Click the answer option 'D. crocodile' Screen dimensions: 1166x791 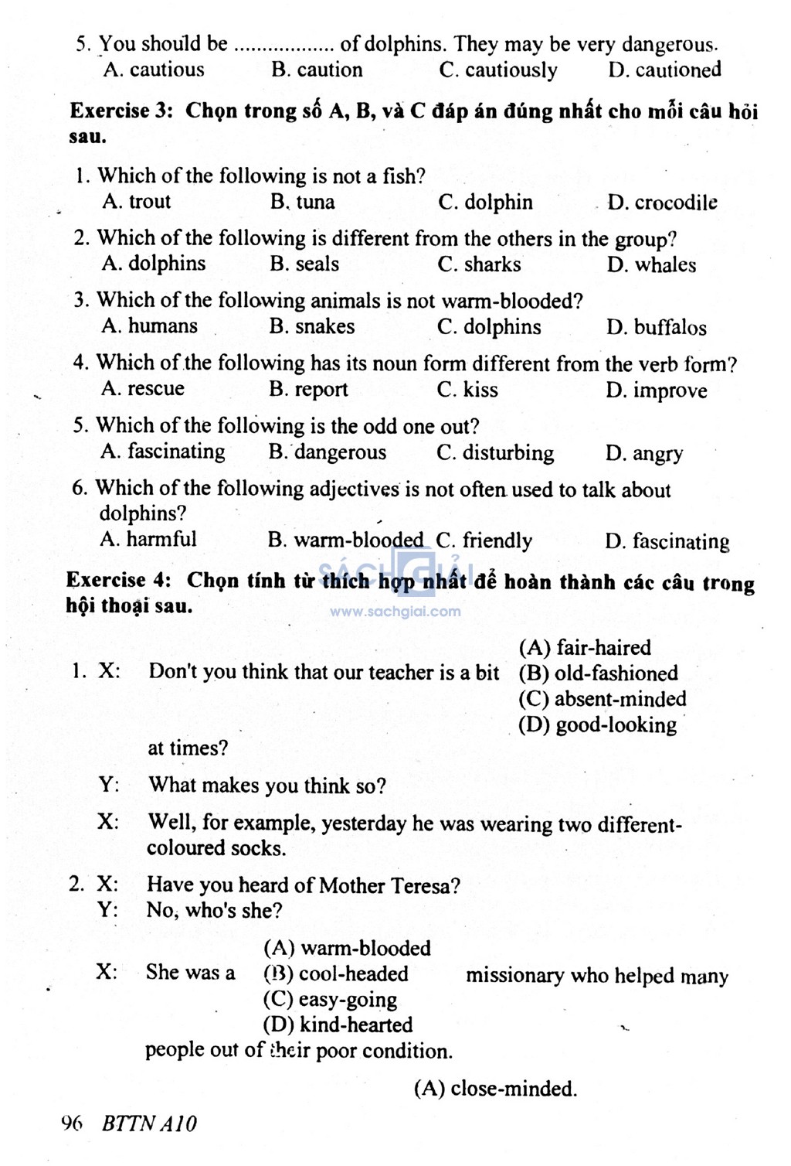click(662, 203)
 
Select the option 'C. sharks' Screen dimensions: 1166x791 click(479, 264)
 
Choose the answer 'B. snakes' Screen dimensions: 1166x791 click(312, 326)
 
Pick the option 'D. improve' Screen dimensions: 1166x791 click(657, 390)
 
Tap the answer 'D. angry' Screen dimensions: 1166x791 click(644, 453)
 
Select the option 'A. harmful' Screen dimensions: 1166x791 click(148, 539)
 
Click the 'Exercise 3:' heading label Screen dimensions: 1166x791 click(121, 111)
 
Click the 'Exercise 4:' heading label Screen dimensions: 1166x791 click(118, 580)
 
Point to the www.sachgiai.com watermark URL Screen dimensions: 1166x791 click(395, 612)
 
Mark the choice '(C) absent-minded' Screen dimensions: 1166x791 click(603, 699)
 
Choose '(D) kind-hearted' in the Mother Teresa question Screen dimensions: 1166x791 click(338, 1025)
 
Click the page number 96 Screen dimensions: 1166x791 click(71, 1123)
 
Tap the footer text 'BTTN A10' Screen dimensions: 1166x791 click(149, 1123)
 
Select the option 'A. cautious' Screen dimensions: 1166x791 click(154, 70)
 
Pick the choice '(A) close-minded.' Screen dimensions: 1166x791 click(496, 1089)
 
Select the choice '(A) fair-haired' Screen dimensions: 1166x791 click(585, 647)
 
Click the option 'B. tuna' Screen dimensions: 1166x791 click(303, 203)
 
